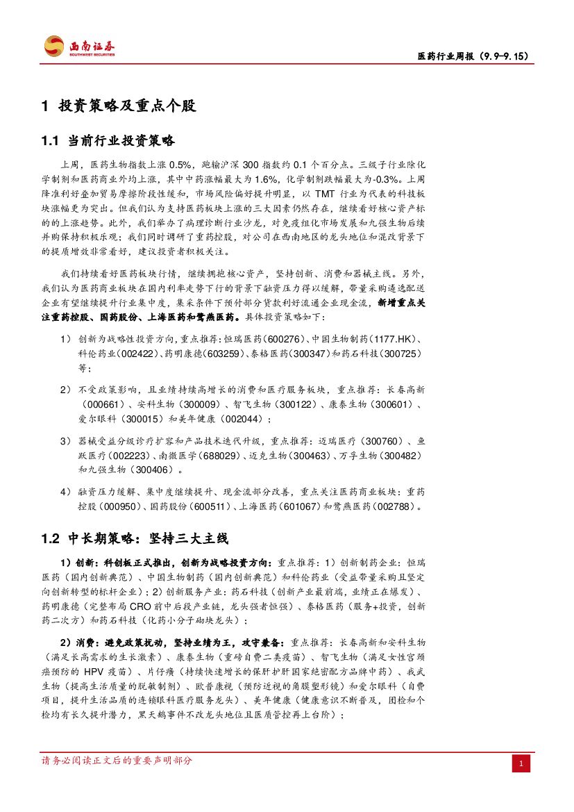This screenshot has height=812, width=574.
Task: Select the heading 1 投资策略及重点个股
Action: [119, 106]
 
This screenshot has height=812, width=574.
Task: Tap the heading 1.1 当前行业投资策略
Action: [108, 141]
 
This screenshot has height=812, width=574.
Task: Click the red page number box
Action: [521, 764]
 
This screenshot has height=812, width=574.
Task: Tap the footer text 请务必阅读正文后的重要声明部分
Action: [117, 761]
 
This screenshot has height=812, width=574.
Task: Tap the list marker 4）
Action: [66, 492]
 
